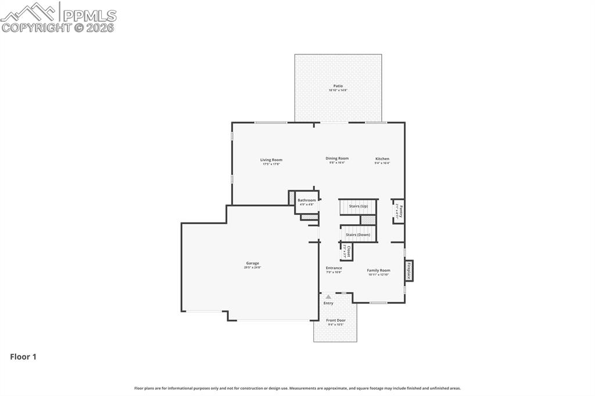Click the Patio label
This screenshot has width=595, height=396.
pos(338,86)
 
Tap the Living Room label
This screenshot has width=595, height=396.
pos(271,160)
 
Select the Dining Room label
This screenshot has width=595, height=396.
pos(337,159)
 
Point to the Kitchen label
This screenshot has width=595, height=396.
pos(382,159)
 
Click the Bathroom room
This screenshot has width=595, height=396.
pos(306,202)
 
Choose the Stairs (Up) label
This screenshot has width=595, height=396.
pos(358,206)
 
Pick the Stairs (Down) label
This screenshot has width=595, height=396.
pos(358,235)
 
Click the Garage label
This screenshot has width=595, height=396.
pos(252,263)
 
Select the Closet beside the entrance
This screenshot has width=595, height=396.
pos(347,251)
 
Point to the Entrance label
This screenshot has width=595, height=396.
pos(334,268)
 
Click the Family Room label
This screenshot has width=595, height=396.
pos(378,270)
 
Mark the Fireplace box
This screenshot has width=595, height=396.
pos(409,271)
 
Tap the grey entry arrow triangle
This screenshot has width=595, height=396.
pos(328,297)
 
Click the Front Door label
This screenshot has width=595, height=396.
pos(335,321)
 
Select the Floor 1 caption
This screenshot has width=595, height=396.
pos(23,357)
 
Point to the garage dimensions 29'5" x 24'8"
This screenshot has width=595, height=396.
pos(252,267)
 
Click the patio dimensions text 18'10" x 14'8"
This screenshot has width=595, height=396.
pos(338,91)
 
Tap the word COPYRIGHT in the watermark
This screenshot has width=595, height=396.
pos(36,27)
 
